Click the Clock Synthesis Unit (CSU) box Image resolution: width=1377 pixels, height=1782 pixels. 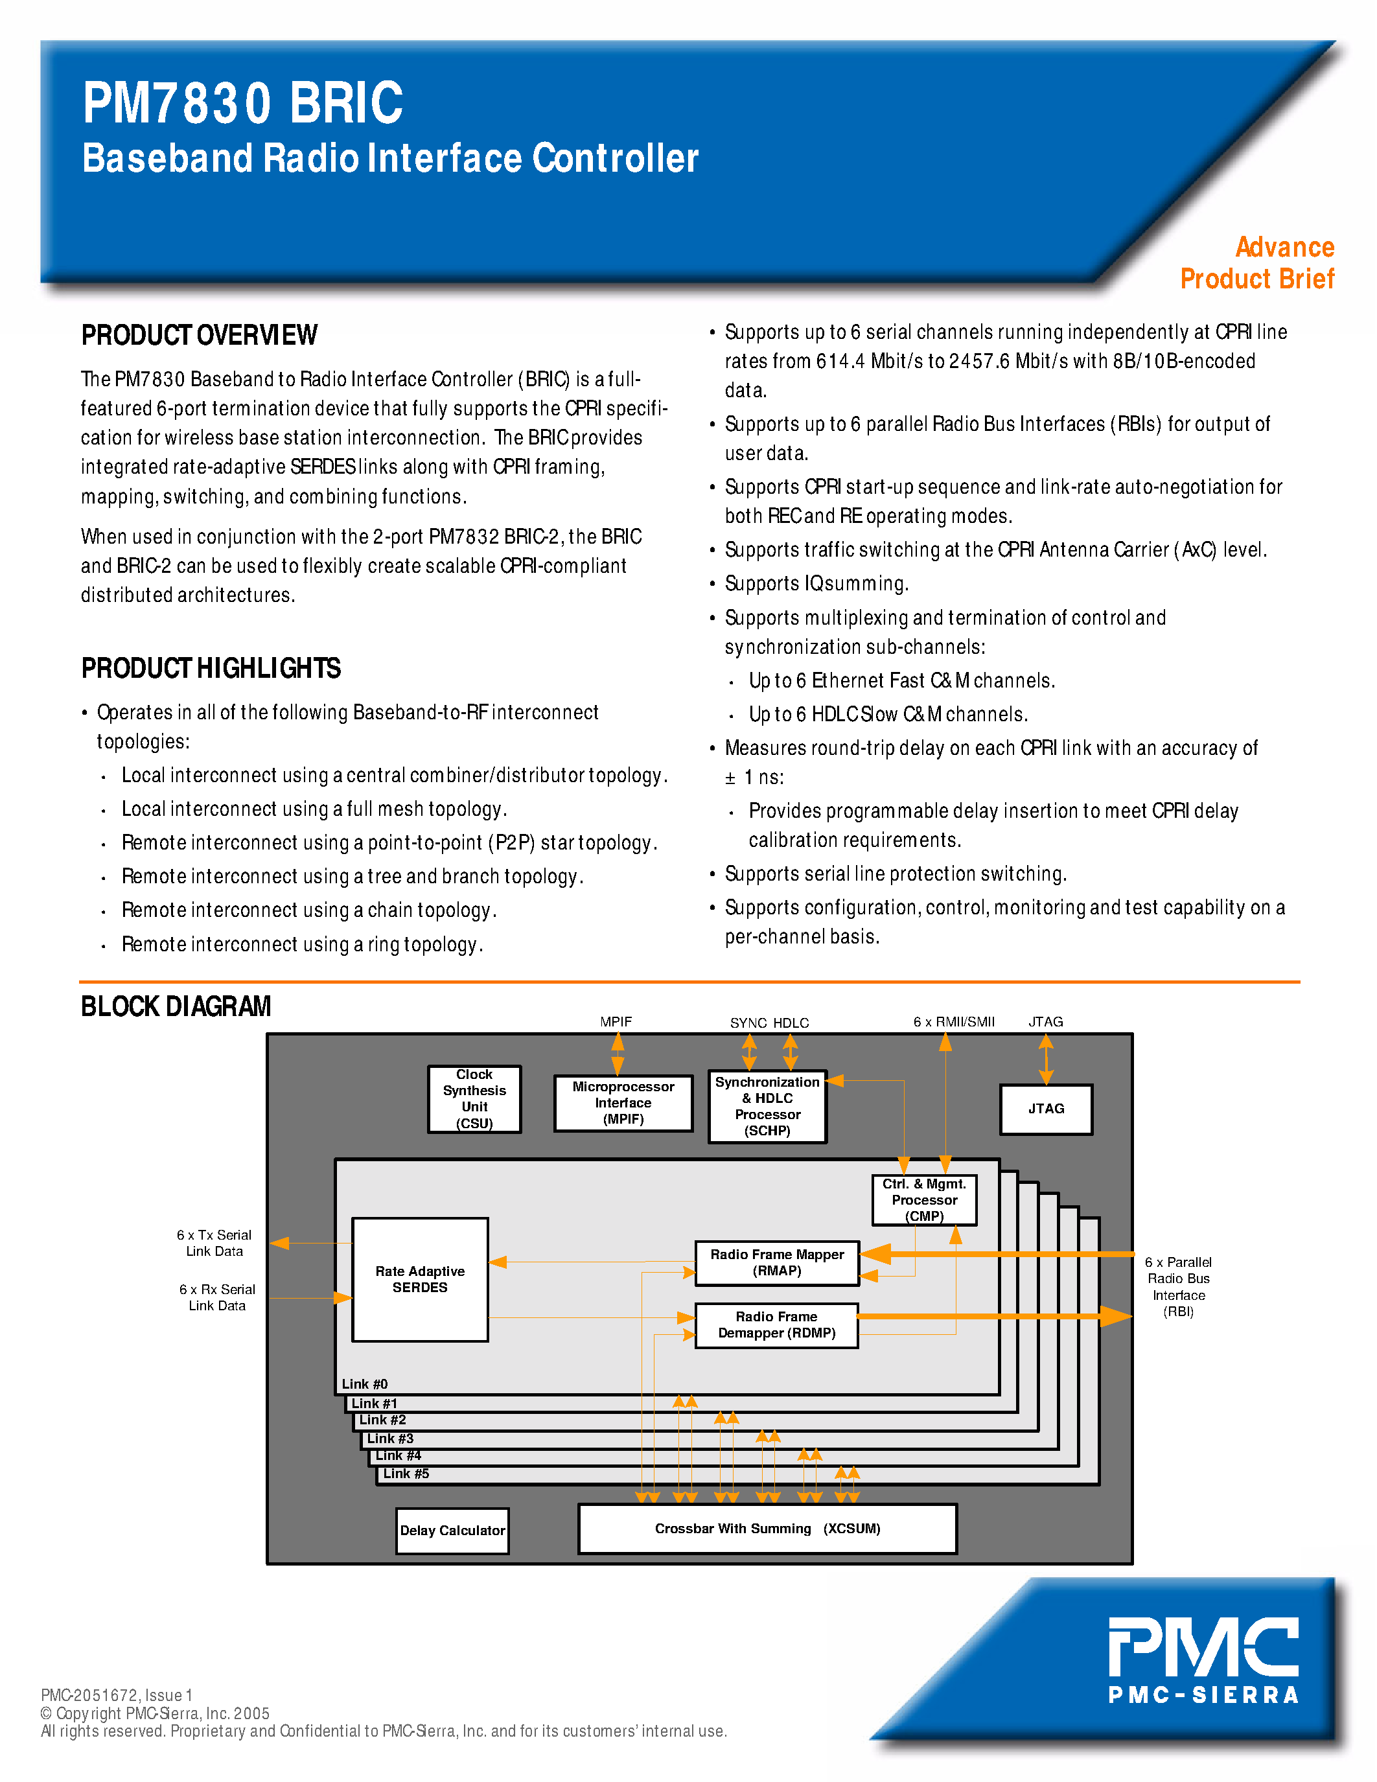point(474,1099)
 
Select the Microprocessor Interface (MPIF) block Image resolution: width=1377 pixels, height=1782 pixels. point(623,1102)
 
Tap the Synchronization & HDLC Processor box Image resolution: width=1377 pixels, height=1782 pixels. point(767,1106)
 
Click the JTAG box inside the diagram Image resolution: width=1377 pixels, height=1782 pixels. point(1046,1109)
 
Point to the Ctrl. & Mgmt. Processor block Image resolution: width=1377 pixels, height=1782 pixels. point(923,1199)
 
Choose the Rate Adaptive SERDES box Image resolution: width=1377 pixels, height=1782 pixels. point(419,1279)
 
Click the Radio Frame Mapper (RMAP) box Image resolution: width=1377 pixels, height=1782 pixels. point(776,1262)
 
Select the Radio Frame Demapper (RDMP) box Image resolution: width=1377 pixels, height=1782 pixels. point(776,1325)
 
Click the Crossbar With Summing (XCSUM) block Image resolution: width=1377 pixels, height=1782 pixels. point(767,1528)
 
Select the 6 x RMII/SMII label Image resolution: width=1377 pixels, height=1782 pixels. point(954,1021)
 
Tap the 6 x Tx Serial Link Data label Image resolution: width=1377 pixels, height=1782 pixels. point(214,1243)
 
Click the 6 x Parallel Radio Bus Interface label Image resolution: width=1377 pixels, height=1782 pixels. point(1178,1287)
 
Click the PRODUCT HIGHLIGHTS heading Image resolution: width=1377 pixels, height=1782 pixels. point(211,668)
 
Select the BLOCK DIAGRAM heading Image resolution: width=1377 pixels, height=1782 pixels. point(176,1006)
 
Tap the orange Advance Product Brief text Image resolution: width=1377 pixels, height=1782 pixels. point(1257,262)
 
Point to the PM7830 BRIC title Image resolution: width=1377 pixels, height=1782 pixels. point(242,104)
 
